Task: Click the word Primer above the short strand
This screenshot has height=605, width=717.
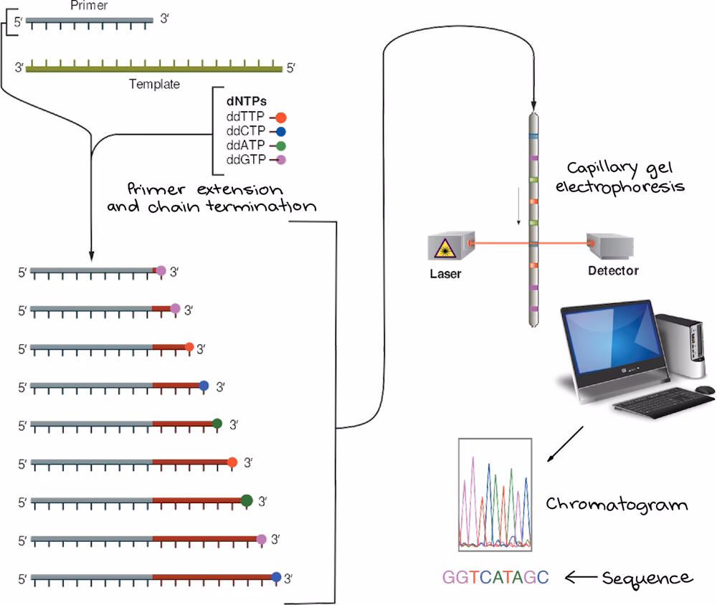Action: click(90, 6)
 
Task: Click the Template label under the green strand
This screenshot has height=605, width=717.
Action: click(154, 84)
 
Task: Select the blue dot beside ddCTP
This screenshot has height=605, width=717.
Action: click(281, 131)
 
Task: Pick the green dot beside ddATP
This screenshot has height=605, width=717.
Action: click(281, 145)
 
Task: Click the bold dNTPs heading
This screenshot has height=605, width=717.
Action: click(236, 102)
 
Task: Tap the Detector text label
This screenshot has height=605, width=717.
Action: click(612, 271)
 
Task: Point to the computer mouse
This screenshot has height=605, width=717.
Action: click(706, 389)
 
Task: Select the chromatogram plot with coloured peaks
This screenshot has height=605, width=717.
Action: click(495, 494)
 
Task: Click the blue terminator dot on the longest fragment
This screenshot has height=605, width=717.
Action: click(277, 576)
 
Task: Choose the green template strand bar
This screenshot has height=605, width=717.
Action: click(154, 69)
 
